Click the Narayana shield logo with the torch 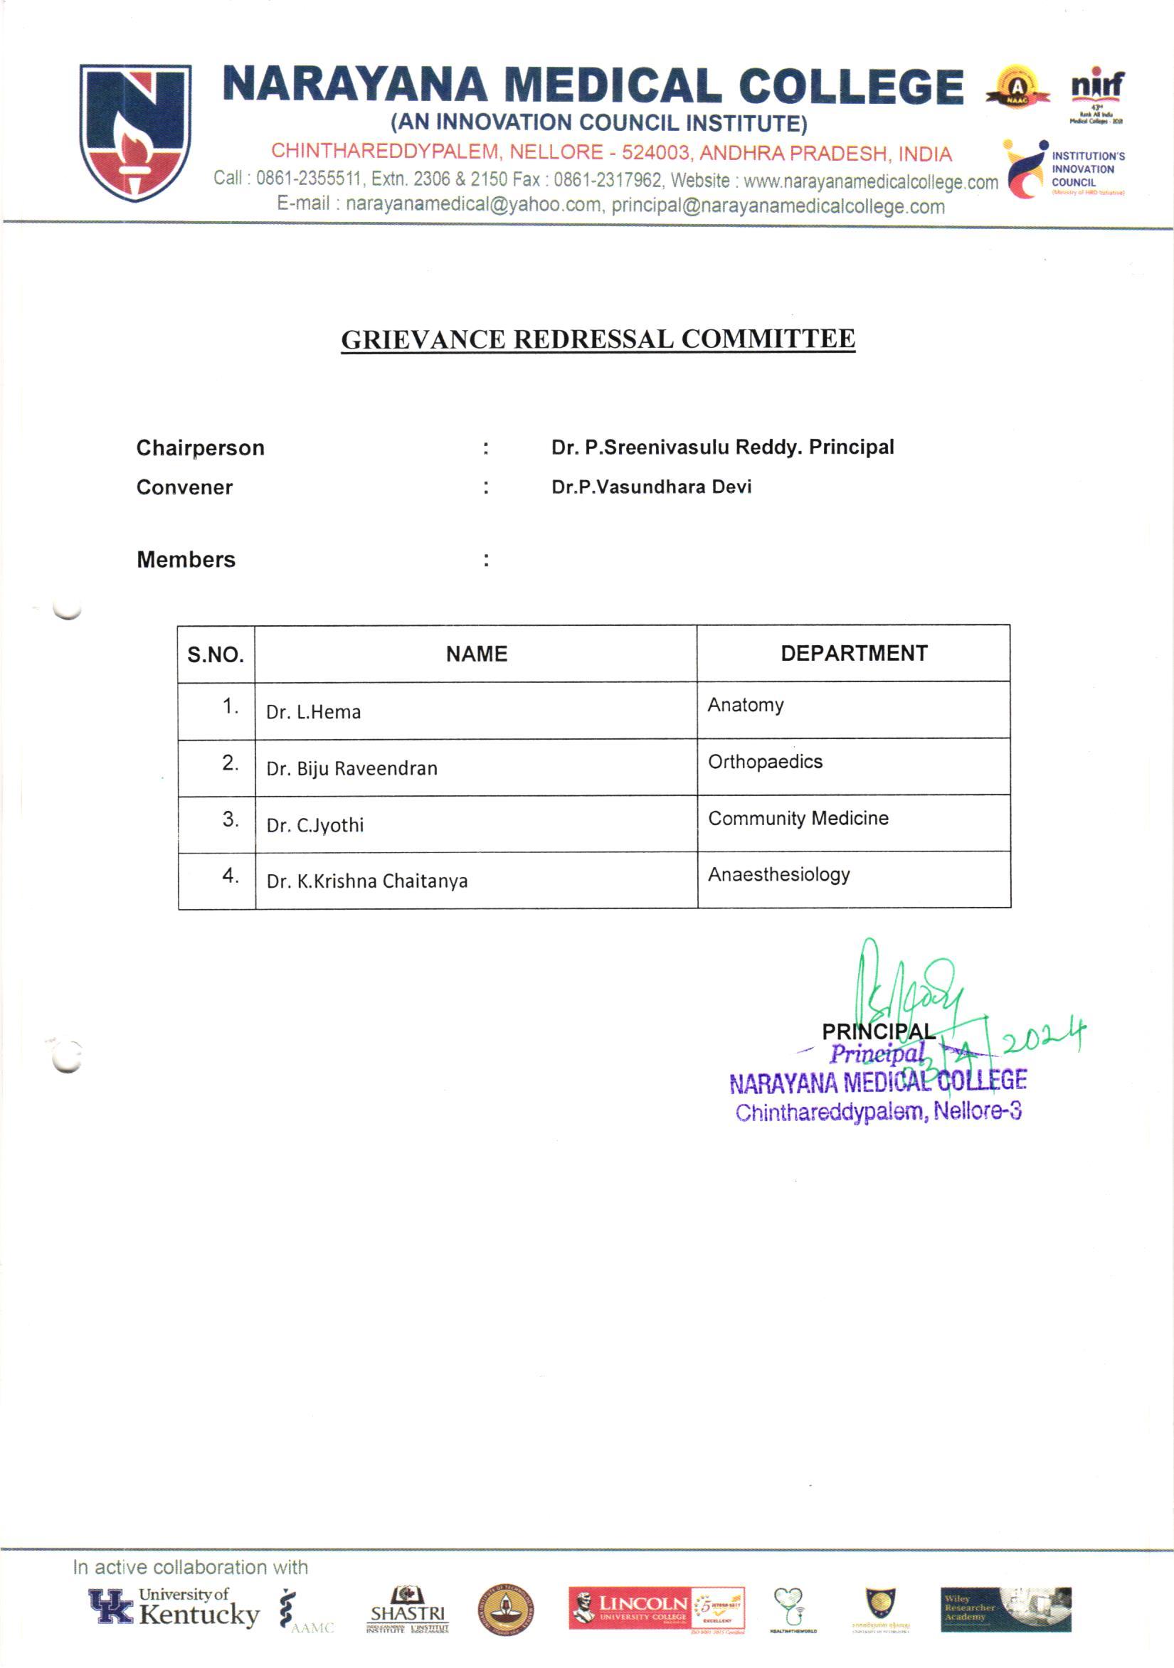point(135,132)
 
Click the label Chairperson point(201,447)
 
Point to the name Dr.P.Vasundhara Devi point(651,487)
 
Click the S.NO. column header point(216,654)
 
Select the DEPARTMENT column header point(854,653)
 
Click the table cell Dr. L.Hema point(313,712)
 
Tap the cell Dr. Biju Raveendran point(351,769)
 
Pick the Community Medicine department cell point(798,818)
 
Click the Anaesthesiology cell point(779,874)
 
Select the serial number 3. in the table point(231,819)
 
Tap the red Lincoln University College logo point(629,1608)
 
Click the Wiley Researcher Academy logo point(1005,1608)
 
